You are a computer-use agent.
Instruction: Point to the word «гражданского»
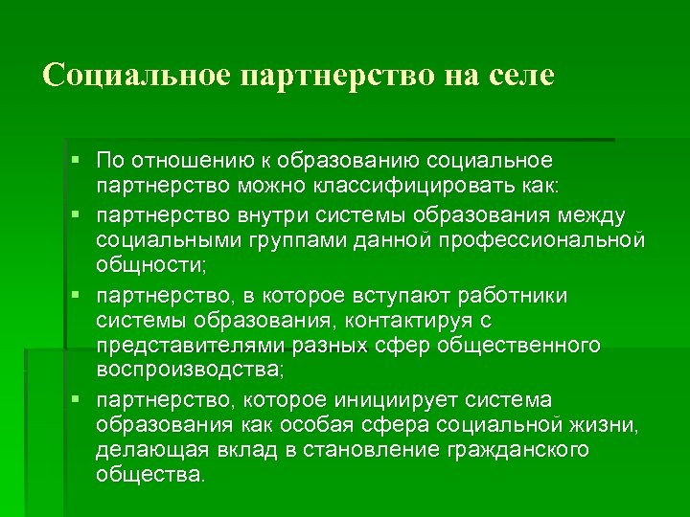click(x=519, y=450)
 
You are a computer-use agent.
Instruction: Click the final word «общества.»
click(x=150, y=476)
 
